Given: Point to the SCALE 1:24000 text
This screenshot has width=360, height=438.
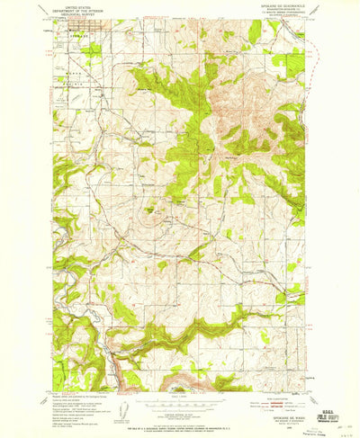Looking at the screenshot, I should point(180,395).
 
